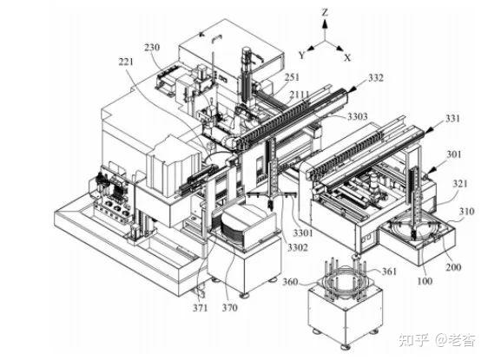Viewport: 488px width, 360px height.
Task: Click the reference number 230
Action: coord(152,48)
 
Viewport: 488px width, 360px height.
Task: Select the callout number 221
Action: coord(126,62)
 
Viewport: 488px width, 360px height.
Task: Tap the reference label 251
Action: coord(292,77)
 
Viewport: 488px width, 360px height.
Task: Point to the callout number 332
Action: coord(376,78)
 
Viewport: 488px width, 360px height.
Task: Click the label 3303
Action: coord(358,116)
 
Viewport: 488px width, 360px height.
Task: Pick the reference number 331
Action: coord(452,119)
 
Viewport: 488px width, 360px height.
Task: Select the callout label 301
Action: coord(454,154)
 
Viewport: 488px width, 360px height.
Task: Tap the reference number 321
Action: coord(460,184)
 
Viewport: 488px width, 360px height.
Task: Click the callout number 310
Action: coord(466,212)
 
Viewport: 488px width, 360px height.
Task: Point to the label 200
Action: coord(453,267)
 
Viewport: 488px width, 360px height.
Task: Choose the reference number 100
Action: coord(425,281)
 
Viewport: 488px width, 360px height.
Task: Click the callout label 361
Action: coord(389,272)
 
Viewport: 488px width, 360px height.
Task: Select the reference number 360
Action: coord(290,282)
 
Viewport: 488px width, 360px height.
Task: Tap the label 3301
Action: coord(303,232)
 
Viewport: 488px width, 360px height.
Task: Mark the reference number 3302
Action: coord(298,247)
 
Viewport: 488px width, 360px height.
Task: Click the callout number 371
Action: coord(200,308)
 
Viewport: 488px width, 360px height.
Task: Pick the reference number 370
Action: coord(230,308)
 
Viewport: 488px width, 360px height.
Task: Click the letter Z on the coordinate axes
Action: coord(325,12)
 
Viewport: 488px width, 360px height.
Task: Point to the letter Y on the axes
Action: coord(301,56)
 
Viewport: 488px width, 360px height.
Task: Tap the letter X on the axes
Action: coord(347,57)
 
